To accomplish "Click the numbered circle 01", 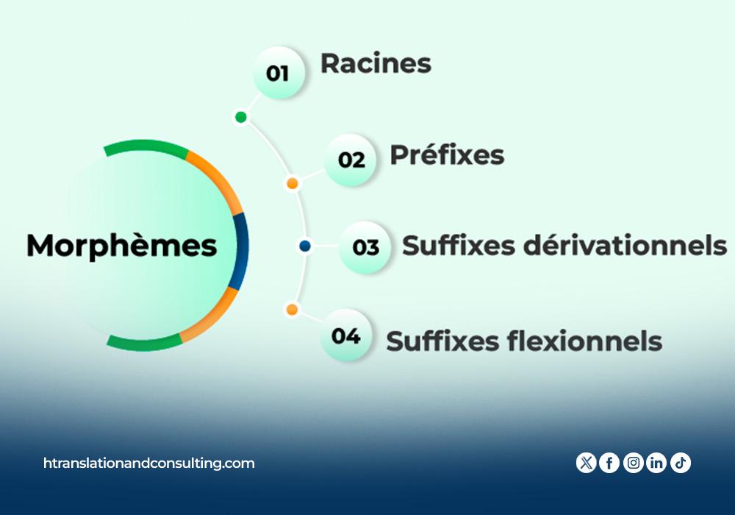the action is tap(279, 73).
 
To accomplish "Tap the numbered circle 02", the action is tap(350, 160).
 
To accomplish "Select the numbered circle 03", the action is tap(365, 247).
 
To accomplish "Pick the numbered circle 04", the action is tap(346, 335).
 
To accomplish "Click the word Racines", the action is tap(376, 63).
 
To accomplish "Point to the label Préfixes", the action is tap(447, 154).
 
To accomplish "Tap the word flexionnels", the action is tap(584, 341).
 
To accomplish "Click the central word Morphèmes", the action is tap(122, 245).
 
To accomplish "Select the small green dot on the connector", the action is tap(240, 117).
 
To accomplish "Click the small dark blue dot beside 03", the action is tap(305, 245).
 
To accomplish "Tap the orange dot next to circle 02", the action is tap(293, 183).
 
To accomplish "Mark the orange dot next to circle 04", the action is tap(292, 310).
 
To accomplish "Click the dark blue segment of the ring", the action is tap(242, 251).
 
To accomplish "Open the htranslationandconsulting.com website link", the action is tap(149, 464).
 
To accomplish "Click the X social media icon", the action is tap(586, 463).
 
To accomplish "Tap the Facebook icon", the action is tap(609, 463).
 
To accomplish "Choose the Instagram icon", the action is tap(634, 463).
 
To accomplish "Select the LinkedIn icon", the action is tap(656, 463).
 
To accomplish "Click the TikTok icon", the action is tap(681, 463).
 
